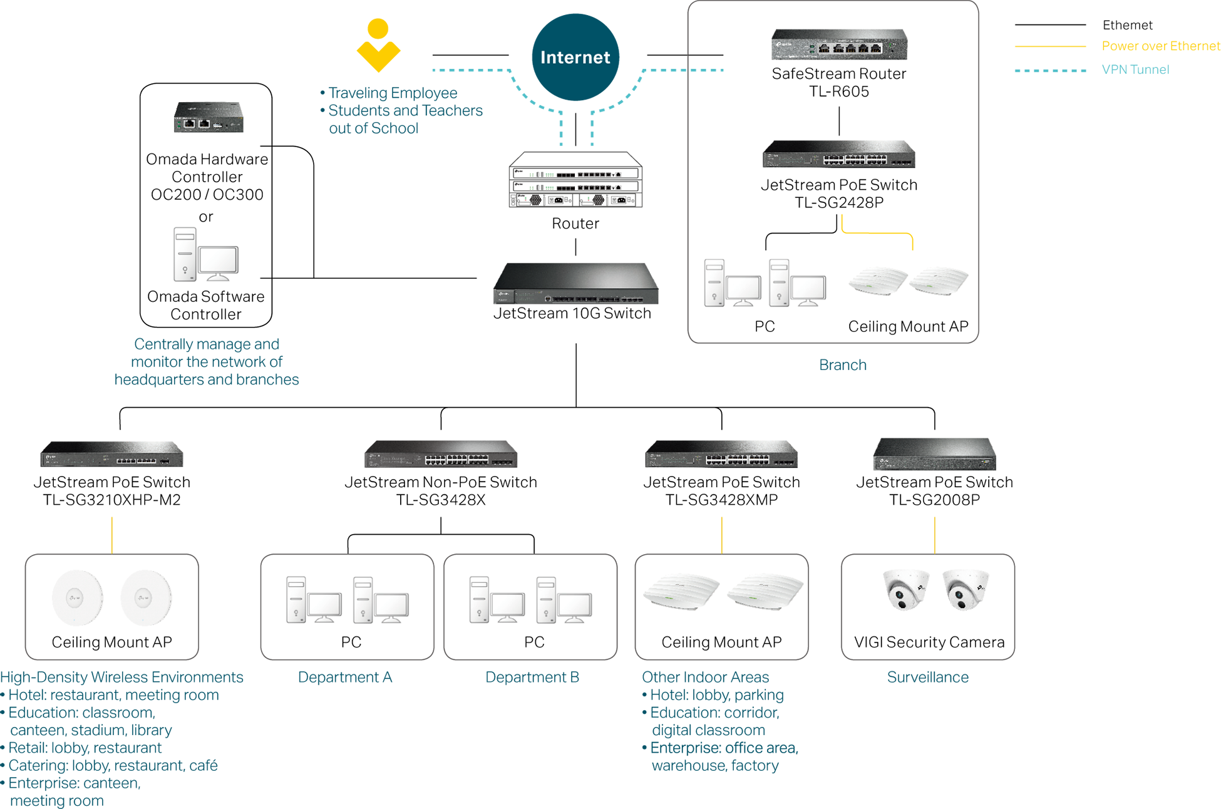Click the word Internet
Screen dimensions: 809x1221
tap(575, 58)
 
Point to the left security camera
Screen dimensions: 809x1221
tap(902, 592)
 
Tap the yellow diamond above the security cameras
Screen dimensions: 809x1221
tap(934, 532)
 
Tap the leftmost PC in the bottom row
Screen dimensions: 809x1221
tap(310, 601)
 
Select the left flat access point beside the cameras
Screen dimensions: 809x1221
tap(683, 592)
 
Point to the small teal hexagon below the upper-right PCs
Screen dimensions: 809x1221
tap(842, 369)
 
